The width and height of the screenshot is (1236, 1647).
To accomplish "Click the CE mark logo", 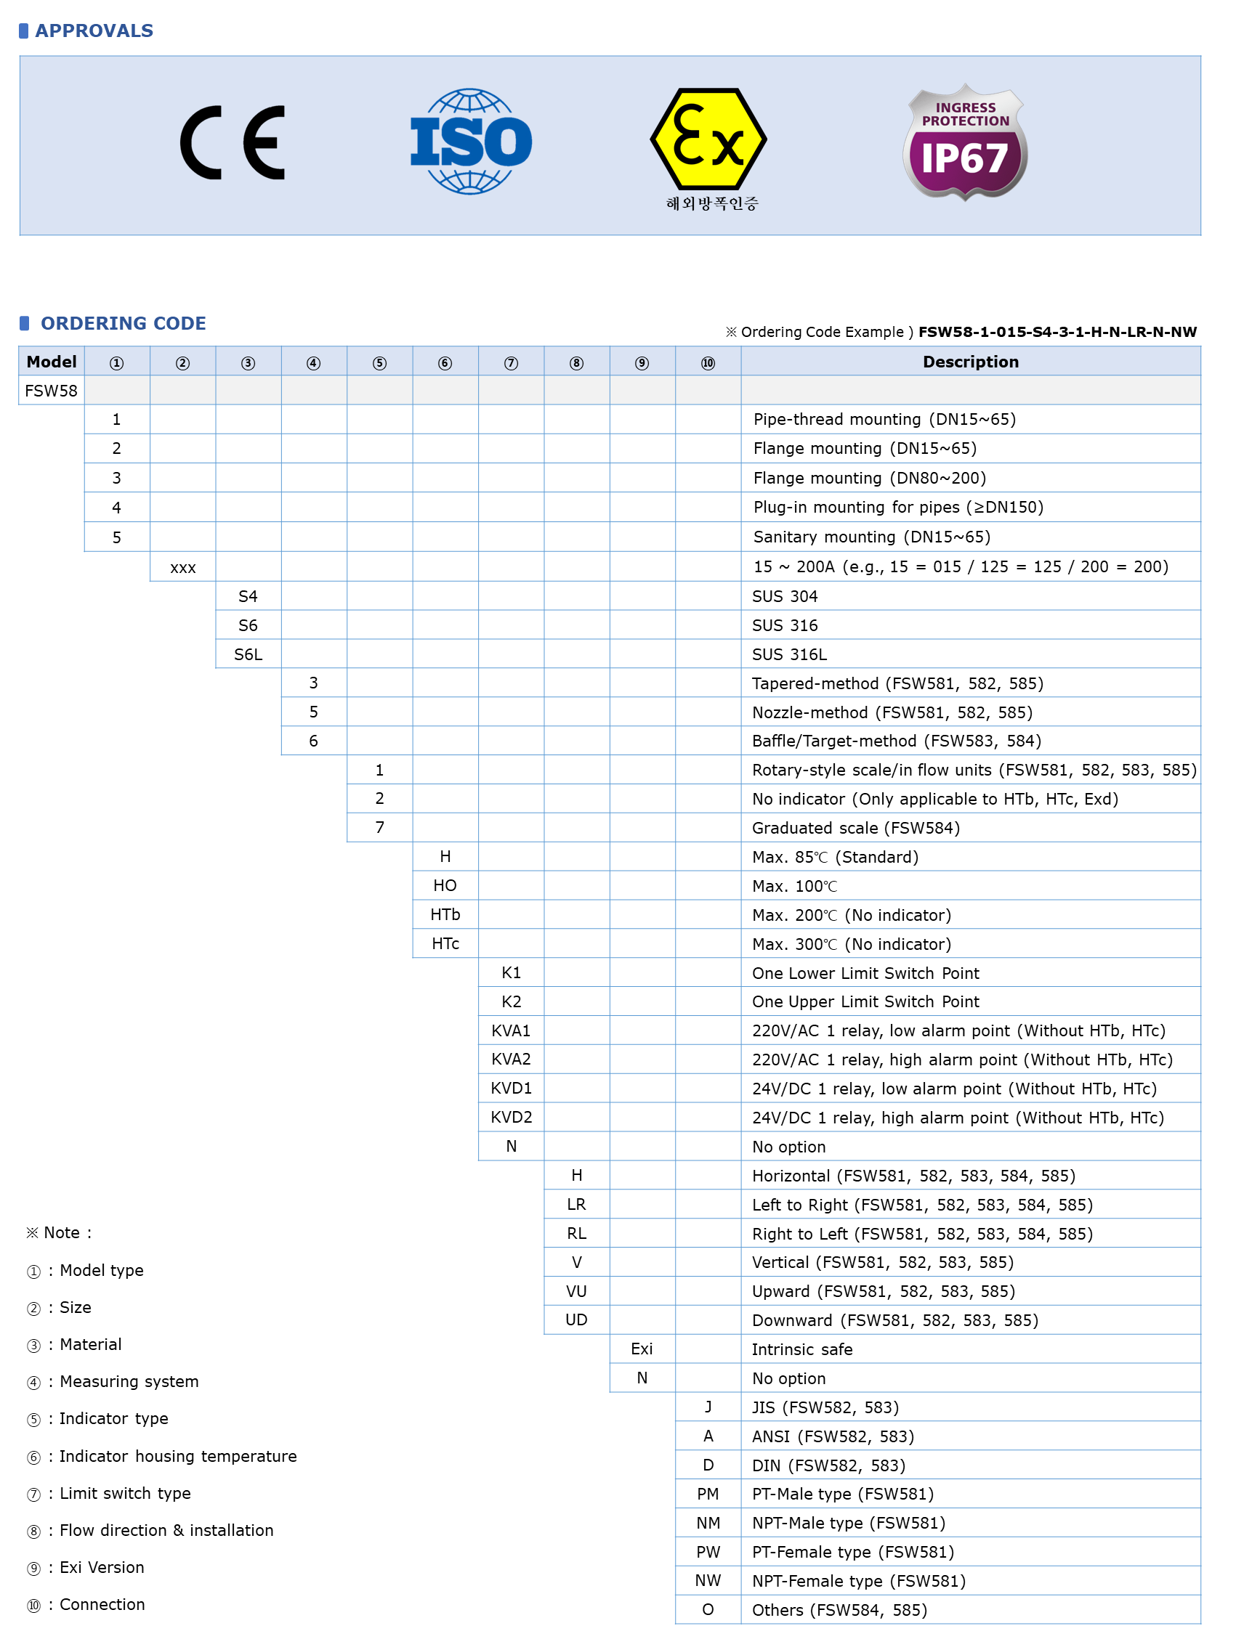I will click(233, 143).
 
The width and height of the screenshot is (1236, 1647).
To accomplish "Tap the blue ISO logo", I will click(471, 142).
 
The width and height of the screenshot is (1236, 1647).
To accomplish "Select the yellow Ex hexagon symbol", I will click(708, 139).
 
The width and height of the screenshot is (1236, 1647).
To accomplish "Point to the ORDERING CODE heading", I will click(123, 323).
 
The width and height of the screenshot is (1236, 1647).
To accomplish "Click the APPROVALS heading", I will click(94, 30).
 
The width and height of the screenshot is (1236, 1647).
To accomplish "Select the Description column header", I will click(970, 362).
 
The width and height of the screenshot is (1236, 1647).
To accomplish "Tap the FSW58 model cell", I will click(51, 391).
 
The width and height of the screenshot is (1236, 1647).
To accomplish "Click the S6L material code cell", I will click(248, 654).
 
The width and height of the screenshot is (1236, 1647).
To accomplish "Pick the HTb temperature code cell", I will click(445, 914).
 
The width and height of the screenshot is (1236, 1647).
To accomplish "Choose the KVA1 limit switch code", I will click(510, 1030).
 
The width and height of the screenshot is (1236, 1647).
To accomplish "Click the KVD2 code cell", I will click(510, 1117).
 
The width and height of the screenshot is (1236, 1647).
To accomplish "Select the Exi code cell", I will click(642, 1349).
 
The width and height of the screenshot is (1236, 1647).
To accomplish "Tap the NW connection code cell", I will click(707, 1580).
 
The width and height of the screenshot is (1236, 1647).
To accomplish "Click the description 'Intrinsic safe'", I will click(801, 1349).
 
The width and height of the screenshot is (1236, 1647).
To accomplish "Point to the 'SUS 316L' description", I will click(789, 654).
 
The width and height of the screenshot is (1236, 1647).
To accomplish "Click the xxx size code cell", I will click(182, 567).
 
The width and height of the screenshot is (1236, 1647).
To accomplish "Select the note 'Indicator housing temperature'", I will click(177, 1455).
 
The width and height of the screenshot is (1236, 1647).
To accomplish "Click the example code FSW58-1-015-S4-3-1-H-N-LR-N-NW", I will click(1057, 332).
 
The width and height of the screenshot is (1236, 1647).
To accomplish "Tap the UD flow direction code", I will click(576, 1319).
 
